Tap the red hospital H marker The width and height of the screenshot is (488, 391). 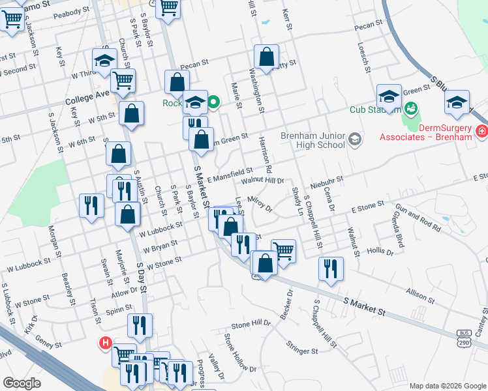point(104,343)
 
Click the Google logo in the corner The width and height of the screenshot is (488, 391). point(22,383)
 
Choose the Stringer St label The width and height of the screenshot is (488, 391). point(301,351)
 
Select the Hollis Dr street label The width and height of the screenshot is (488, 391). point(381,250)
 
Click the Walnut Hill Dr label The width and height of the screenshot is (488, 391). point(263,181)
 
